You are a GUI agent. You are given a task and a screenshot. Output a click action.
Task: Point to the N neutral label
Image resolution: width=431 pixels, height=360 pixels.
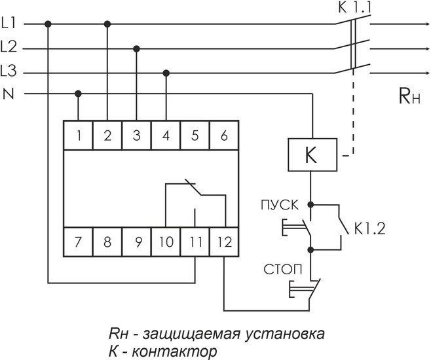pyautogui.click(x=9, y=94)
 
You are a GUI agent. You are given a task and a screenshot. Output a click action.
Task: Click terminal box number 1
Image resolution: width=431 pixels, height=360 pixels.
pyautogui.click(x=79, y=136)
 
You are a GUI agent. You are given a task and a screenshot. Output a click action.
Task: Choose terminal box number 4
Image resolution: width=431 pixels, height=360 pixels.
pyautogui.click(x=166, y=136)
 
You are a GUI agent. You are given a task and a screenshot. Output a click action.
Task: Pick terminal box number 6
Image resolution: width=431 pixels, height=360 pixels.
pyautogui.click(x=224, y=136)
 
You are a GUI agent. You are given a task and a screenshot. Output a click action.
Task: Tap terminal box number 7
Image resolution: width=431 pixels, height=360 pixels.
pyautogui.click(x=79, y=242)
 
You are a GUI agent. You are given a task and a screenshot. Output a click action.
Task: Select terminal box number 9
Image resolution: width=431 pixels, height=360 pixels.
pyautogui.click(x=138, y=242)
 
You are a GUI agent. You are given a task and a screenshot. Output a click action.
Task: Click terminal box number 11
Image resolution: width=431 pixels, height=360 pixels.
pyautogui.click(x=195, y=242)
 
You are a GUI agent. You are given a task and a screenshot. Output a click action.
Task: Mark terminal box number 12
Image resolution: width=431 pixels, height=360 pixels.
pyautogui.click(x=224, y=242)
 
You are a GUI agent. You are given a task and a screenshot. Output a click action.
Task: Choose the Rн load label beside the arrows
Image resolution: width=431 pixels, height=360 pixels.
pyautogui.click(x=407, y=99)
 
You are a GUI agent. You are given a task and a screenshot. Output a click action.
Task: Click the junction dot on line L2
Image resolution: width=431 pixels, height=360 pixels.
pyautogui.click(x=136, y=48)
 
